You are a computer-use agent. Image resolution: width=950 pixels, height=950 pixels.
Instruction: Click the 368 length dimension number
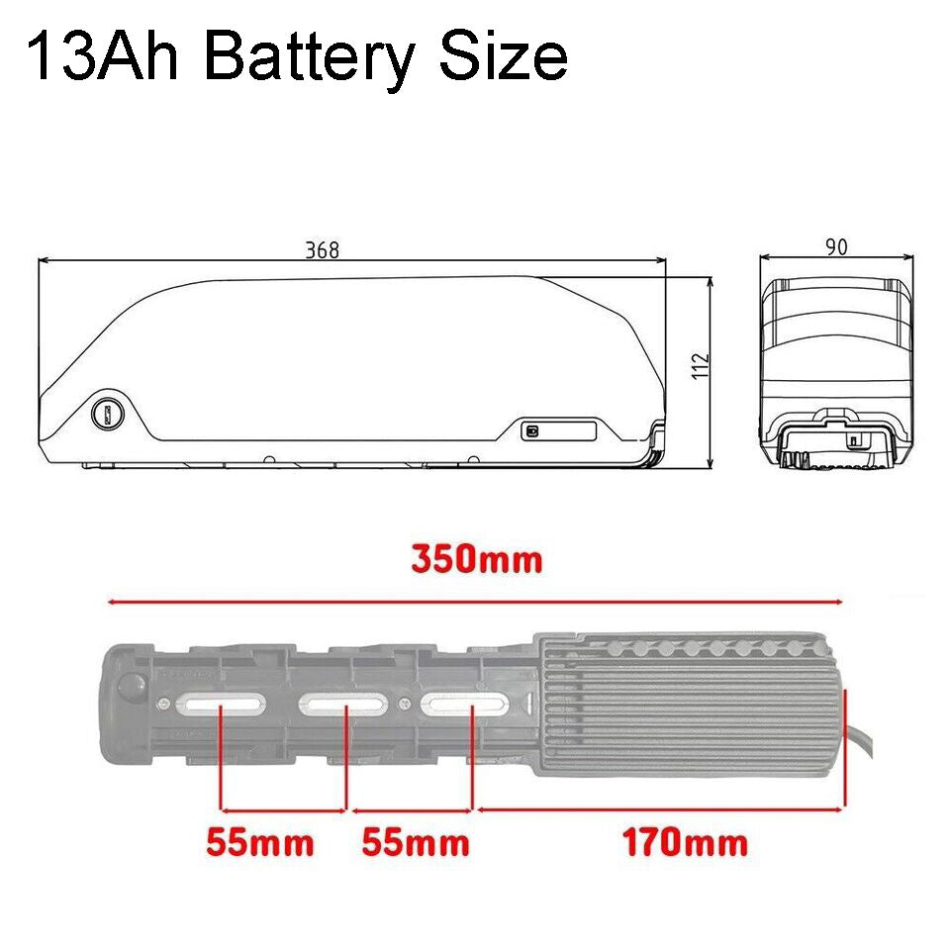[322, 249]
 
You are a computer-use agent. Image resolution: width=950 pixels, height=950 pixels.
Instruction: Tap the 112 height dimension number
[701, 366]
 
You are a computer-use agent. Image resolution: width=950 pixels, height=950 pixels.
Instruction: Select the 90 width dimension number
[836, 246]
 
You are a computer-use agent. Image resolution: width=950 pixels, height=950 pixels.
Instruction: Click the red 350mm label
[476, 559]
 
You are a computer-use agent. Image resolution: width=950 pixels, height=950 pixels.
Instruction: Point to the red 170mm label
[685, 842]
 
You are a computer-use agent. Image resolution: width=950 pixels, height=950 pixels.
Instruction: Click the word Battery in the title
[310, 57]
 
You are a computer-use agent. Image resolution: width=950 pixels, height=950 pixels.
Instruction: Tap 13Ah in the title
[103, 57]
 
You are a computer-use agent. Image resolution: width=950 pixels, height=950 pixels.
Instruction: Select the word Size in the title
[504, 56]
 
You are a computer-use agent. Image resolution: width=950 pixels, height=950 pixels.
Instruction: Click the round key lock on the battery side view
[108, 414]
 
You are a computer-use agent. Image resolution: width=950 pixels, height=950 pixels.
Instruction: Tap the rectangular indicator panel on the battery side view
[559, 431]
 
